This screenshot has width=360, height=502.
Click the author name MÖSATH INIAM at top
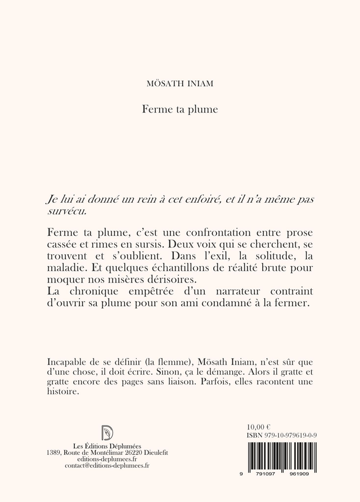pyautogui.click(x=179, y=84)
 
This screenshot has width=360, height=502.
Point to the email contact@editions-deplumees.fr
pyautogui.click(x=107, y=466)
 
